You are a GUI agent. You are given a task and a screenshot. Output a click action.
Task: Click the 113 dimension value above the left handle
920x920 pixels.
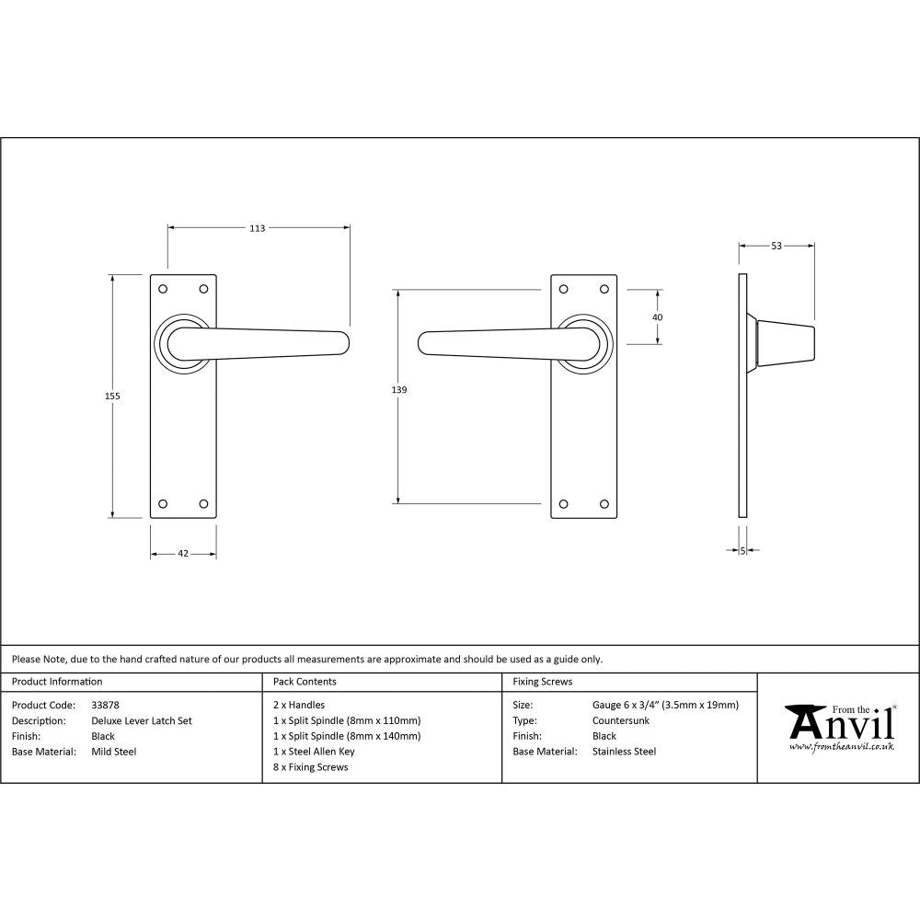point(257,228)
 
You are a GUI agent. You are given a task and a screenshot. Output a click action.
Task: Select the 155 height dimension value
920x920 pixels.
point(112,396)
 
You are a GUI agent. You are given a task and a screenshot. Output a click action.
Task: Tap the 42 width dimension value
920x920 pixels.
point(183,554)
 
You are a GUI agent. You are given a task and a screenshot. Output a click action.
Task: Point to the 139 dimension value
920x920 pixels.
point(398,390)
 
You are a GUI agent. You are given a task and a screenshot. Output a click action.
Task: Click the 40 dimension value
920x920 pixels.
point(657,317)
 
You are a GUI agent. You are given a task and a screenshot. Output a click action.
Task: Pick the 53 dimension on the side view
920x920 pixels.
point(776,246)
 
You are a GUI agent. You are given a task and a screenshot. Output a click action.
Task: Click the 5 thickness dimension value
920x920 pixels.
point(742,550)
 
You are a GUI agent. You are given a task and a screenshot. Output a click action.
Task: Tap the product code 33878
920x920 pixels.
point(106,706)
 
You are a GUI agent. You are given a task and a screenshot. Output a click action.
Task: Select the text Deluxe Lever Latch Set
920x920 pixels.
point(142,721)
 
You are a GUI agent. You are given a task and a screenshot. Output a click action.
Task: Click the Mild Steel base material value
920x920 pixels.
point(114,752)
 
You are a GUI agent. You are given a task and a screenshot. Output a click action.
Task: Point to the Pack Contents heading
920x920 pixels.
point(305,682)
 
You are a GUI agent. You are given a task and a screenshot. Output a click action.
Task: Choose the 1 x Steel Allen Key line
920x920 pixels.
point(314,752)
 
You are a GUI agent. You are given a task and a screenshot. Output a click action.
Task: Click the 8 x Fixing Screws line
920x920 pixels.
point(311,767)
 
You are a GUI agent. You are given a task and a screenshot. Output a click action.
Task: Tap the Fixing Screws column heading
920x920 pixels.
point(542,682)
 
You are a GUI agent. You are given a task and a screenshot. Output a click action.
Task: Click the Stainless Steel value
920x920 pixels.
point(625,752)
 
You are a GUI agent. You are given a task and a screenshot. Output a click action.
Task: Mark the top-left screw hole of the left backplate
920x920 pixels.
point(164,289)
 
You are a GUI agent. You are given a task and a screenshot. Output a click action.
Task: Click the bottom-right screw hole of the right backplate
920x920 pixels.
point(604,503)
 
